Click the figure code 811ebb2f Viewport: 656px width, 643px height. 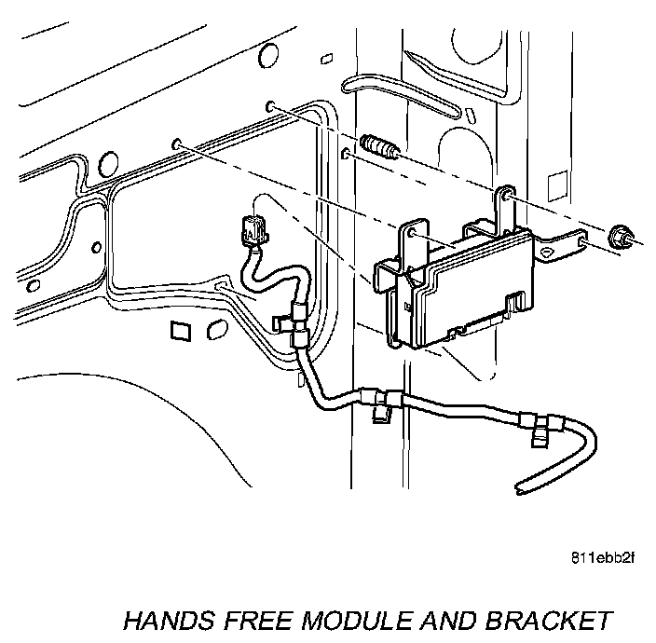click(603, 559)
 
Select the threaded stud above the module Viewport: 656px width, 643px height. click(378, 147)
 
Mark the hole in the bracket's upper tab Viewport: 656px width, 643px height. click(506, 197)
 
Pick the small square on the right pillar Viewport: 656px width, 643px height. click(556, 180)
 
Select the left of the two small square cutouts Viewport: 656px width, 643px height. click(181, 330)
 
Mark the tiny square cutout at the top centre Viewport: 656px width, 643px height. click(327, 59)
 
